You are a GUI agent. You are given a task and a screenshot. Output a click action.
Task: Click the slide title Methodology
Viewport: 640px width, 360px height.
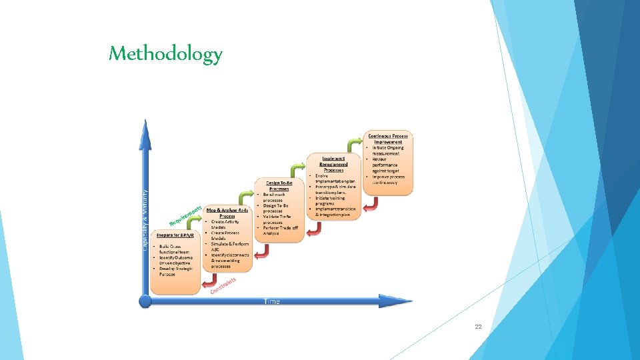coord(165,53)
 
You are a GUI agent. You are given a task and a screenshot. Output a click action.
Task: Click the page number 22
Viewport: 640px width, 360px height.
coord(477,327)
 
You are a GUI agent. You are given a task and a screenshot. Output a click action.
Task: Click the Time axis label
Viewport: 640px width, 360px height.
coord(272,301)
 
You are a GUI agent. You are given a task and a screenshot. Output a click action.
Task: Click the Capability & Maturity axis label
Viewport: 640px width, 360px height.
coord(145,219)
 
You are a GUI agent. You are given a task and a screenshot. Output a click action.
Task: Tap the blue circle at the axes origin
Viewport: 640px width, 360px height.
coord(145,301)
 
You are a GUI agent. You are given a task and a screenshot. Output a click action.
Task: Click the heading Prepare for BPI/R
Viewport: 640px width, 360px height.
coord(175,235)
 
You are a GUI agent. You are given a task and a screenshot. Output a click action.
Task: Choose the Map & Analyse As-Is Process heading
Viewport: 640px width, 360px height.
coord(227,213)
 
